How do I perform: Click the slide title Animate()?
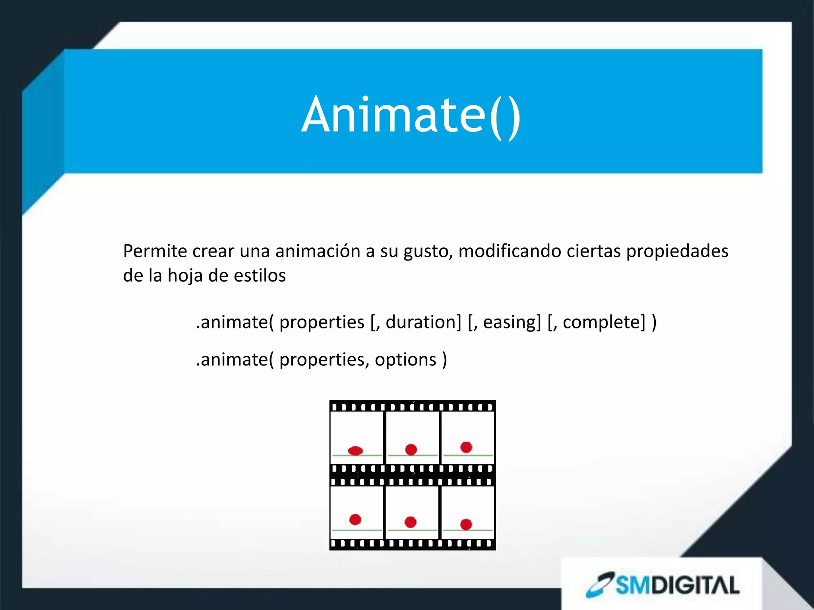(411, 115)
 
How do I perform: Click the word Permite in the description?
(155, 251)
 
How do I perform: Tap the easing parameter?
(512, 322)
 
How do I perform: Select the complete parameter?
(604, 322)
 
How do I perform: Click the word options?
(405, 360)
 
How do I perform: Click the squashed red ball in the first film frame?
(355, 450)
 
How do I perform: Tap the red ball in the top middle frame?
(411, 450)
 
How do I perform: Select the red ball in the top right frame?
(466, 447)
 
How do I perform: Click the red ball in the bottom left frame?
(355, 519)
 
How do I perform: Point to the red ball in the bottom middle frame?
(411, 522)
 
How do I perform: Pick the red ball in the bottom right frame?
(466, 524)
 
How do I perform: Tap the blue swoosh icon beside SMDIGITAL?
(601, 585)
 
